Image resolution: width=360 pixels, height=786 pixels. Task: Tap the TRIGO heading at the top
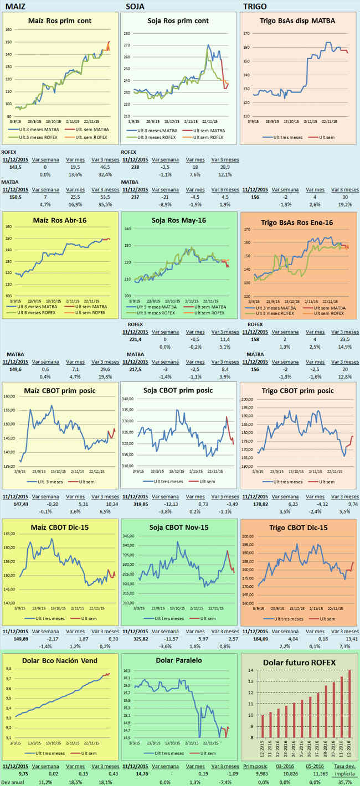[x=255, y=6]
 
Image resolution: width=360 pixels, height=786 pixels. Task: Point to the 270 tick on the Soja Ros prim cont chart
[x=126, y=45]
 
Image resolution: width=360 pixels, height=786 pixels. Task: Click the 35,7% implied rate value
[x=348, y=782]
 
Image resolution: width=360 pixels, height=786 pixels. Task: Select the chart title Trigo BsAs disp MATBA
[x=297, y=21]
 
